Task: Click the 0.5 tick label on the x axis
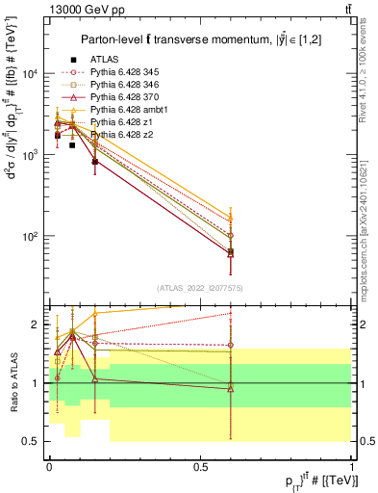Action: pyautogui.click(x=199, y=466)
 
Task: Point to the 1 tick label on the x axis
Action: pyautogui.click(x=352, y=466)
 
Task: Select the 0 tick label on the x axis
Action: pyautogui.click(x=48, y=466)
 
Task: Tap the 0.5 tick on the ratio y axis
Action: pyautogui.click(x=34, y=441)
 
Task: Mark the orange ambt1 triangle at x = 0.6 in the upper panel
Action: pyautogui.click(x=231, y=218)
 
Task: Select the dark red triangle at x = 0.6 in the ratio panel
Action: pyautogui.click(x=231, y=387)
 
